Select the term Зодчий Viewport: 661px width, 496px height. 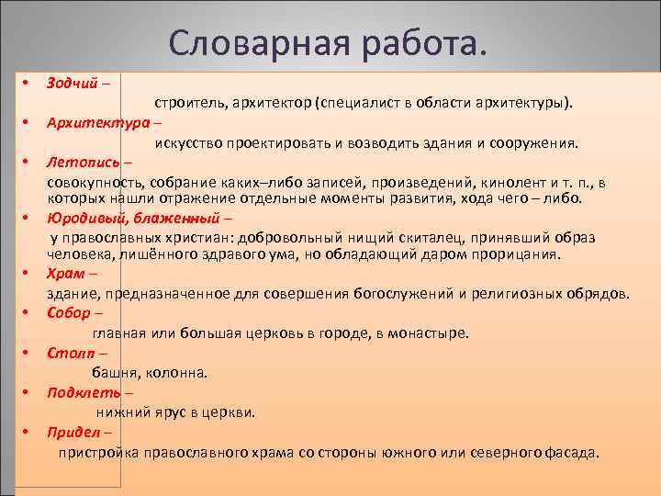click(x=72, y=83)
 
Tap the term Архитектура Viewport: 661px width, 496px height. click(x=98, y=122)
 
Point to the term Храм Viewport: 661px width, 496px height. click(x=65, y=274)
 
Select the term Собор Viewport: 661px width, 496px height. click(x=69, y=313)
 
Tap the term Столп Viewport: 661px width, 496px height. click(x=69, y=353)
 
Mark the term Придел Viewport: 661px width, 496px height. click(x=73, y=432)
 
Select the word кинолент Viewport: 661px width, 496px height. click(x=490, y=183)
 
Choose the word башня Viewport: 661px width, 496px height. click(x=116, y=373)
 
